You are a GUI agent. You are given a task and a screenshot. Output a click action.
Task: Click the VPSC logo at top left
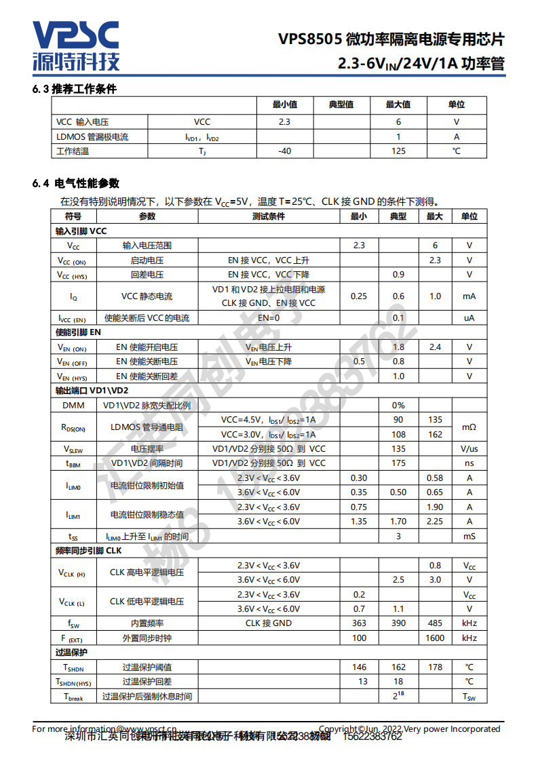tap(76, 45)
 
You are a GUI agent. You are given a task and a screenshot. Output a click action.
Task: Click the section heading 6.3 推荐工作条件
tap(75, 89)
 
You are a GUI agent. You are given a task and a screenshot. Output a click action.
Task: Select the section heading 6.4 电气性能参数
tap(75, 183)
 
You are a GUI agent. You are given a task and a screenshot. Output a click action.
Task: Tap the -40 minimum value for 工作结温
tap(284, 151)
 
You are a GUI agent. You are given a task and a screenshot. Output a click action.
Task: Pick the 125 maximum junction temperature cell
tap(398, 151)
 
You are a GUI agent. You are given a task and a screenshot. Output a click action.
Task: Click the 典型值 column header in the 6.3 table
tap(341, 104)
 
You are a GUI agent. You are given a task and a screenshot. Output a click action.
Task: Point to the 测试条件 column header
tap(269, 216)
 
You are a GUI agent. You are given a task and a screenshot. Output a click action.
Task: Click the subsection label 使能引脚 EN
tap(78, 332)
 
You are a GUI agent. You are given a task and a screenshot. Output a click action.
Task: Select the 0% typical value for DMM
tap(398, 405)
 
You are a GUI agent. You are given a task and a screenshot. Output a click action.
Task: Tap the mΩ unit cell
tap(469, 427)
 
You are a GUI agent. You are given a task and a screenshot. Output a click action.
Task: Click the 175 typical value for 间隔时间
tap(398, 463)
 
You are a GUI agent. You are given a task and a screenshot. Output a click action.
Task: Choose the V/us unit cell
tap(469, 449)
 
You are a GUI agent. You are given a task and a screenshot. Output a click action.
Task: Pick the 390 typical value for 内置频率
tap(398, 623)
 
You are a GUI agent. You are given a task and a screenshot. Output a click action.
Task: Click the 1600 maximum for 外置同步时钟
tap(435, 638)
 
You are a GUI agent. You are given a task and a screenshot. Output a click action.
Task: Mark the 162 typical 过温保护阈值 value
tap(398, 667)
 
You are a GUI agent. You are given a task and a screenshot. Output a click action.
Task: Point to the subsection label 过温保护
tap(71, 652)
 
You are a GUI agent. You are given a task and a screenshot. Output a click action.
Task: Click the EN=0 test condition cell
tap(269, 318)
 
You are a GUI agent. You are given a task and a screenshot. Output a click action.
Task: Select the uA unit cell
tap(469, 318)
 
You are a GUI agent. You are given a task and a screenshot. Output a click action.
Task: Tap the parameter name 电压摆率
tap(147, 449)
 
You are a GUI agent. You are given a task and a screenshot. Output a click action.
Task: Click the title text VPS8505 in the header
tap(309, 39)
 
